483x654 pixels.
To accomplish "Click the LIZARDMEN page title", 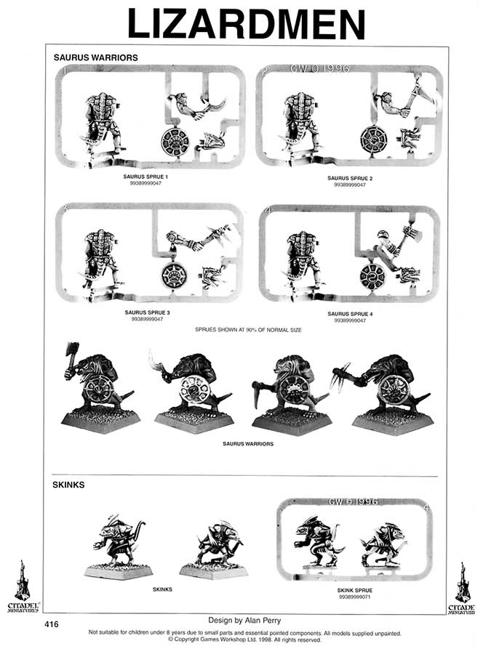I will coord(245,24).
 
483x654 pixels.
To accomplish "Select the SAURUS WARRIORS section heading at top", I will coord(95,57).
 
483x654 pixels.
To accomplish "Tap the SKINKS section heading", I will coord(69,484).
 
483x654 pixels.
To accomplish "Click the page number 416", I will coord(51,624).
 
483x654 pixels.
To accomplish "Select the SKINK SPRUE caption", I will coord(351,590).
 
